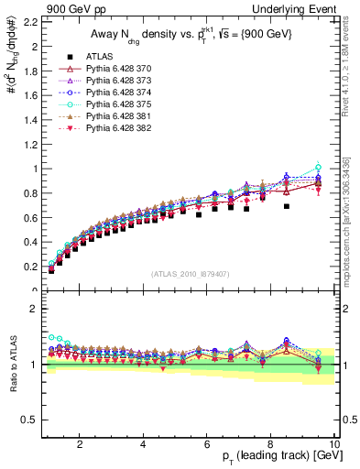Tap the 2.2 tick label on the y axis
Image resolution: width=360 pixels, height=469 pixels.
tap(30, 21)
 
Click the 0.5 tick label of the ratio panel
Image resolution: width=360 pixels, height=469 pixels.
tap(30, 420)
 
